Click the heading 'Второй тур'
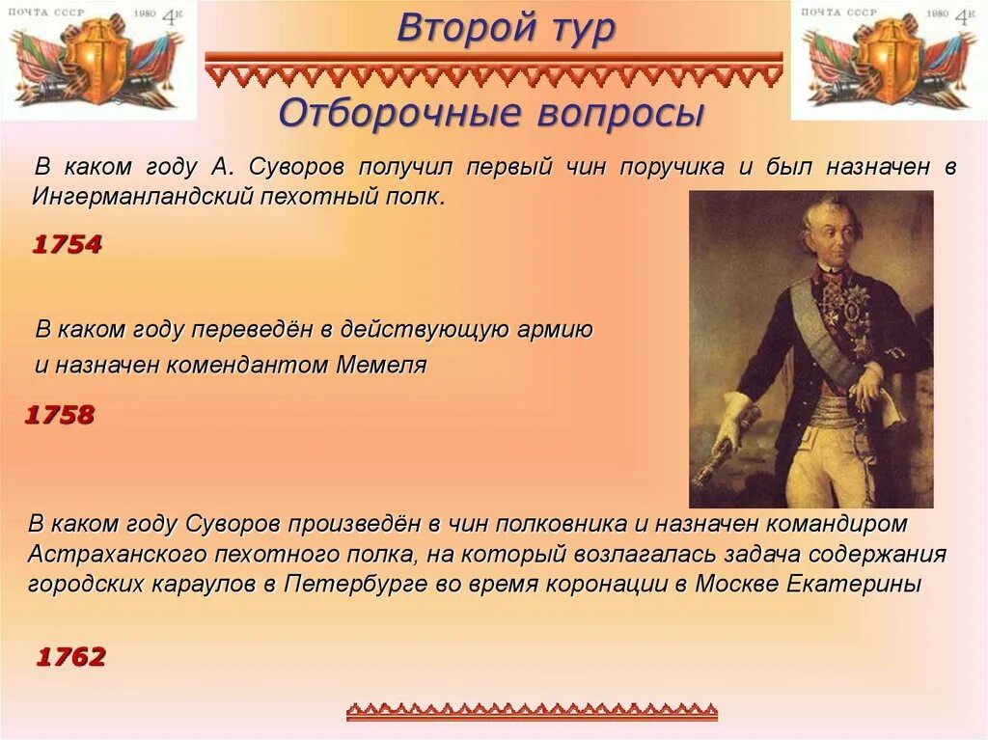[505, 28]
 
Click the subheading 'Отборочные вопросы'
[491, 113]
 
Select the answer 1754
[67, 244]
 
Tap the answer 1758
[59, 415]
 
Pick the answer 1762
[70, 657]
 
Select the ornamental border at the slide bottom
[532, 712]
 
